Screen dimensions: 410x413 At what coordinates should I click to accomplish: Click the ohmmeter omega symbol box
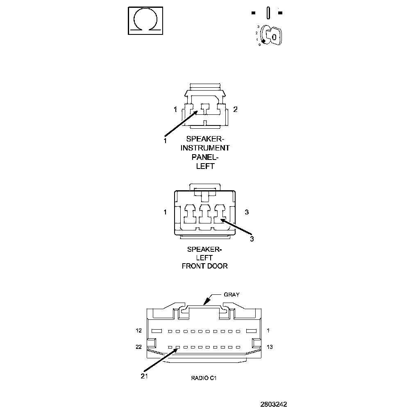[x=144, y=20]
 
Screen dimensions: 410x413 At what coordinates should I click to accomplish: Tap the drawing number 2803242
[x=273, y=404]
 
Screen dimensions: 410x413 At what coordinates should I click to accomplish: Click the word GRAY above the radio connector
[x=231, y=294]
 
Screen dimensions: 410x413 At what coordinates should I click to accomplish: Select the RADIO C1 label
[x=204, y=378]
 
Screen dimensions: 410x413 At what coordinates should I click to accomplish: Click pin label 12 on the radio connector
[x=138, y=330]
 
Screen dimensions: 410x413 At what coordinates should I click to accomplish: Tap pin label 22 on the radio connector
[x=138, y=347]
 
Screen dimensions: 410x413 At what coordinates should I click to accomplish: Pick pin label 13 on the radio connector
[x=270, y=347]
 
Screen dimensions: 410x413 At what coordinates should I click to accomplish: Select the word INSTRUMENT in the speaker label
[x=205, y=148]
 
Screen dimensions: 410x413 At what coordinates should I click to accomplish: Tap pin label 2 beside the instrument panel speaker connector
[x=235, y=109]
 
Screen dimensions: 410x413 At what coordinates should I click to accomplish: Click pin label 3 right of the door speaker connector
[x=247, y=212]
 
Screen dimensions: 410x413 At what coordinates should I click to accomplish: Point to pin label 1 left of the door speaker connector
[x=165, y=212]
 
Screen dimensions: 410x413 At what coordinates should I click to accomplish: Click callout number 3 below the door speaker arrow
[x=252, y=239]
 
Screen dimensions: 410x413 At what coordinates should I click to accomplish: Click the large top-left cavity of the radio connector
[x=157, y=331]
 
